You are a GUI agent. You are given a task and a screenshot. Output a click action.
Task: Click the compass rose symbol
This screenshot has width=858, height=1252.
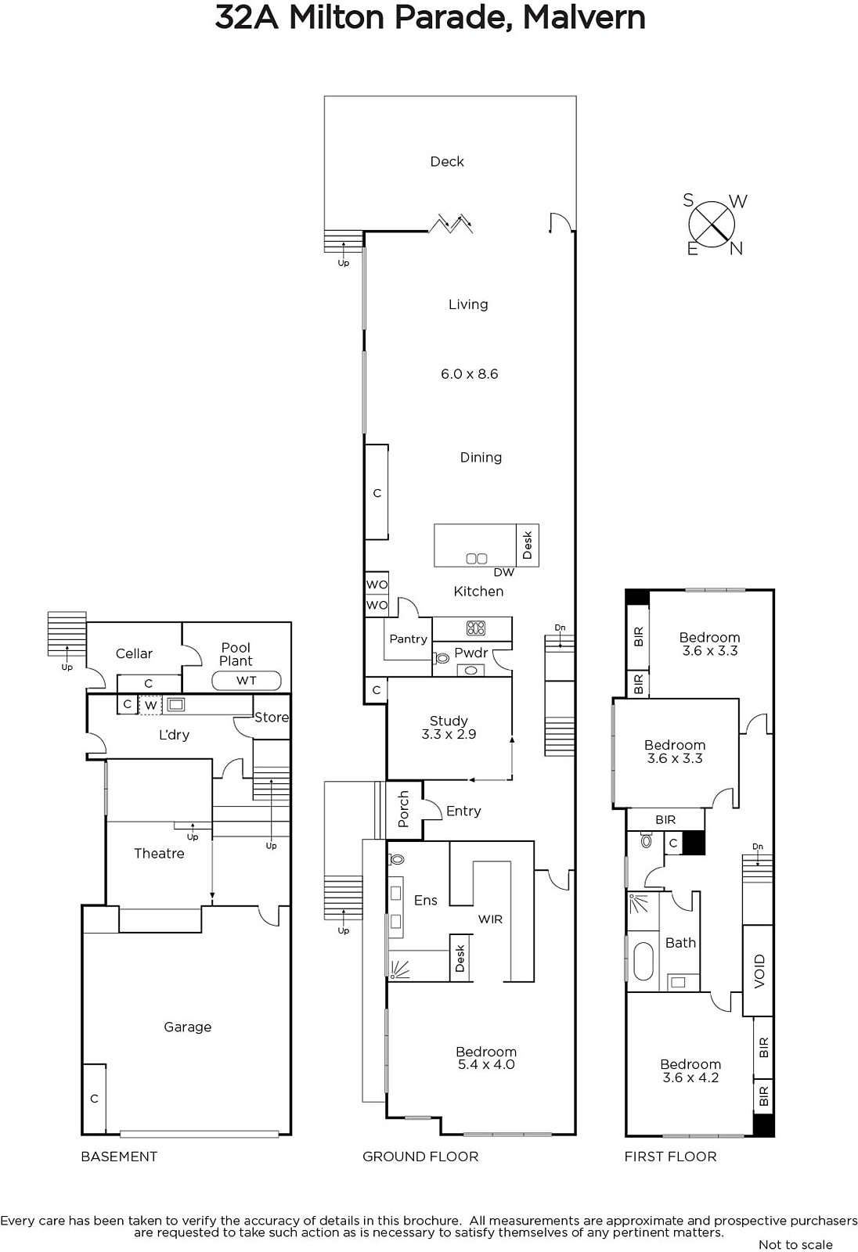pyautogui.click(x=712, y=224)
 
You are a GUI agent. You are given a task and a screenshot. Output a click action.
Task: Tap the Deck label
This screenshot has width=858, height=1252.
pyautogui.click(x=447, y=161)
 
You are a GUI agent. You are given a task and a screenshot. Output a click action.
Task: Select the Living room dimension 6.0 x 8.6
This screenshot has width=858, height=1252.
pyautogui.click(x=469, y=374)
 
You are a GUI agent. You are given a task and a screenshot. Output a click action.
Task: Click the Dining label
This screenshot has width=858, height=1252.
pyautogui.click(x=481, y=457)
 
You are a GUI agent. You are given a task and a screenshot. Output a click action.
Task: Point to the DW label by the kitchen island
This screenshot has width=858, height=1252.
pyautogui.click(x=504, y=572)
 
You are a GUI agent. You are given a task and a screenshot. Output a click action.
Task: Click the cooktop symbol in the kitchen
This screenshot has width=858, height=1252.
pyautogui.click(x=476, y=628)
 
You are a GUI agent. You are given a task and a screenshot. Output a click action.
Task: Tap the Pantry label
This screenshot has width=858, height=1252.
pyautogui.click(x=409, y=639)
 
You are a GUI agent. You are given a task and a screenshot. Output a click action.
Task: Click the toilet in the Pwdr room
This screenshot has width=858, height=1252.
pyautogui.click(x=442, y=658)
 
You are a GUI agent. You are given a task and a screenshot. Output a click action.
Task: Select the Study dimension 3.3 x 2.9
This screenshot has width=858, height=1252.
pyautogui.click(x=449, y=734)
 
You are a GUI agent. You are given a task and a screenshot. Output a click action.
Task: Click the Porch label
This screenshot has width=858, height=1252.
pyautogui.click(x=403, y=809)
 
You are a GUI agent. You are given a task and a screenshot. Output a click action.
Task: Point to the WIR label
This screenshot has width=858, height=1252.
pyautogui.click(x=490, y=919)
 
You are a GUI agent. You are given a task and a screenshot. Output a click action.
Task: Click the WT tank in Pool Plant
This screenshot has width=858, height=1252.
pyautogui.click(x=246, y=680)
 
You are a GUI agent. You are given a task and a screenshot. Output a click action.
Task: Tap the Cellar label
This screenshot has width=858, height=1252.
pyautogui.click(x=134, y=653)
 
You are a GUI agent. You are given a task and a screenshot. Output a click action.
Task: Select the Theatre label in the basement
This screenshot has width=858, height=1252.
pyautogui.click(x=159, y=853)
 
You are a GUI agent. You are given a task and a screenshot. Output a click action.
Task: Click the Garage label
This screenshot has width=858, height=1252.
pyautogui.click(x=187, y=1026)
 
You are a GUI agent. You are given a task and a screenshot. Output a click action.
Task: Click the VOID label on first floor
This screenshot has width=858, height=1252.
pyautogui.click(x=759, y=971)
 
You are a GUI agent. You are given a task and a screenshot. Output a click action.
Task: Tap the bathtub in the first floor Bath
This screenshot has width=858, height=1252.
pyautogui.click(x=643, y=962)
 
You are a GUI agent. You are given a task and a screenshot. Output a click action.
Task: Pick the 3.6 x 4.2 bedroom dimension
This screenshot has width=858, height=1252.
pyautogui.click(x=690, y=1077)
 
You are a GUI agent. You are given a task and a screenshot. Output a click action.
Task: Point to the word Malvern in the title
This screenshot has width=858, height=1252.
pyautogui.click(x=584, y=17)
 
